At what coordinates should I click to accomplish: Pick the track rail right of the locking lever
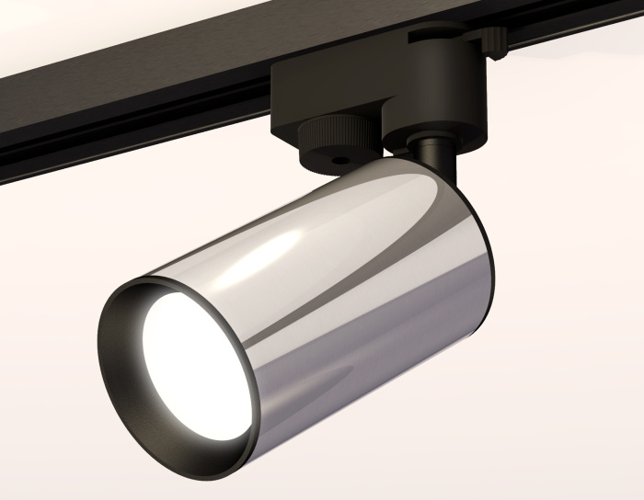pyautogui.click(x=580, y=37)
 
